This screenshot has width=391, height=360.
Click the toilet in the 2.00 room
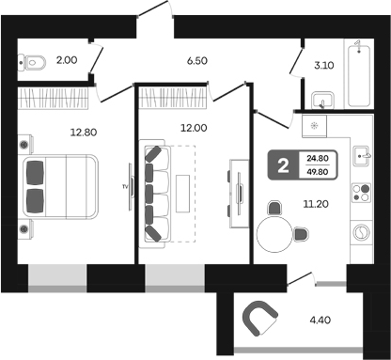pos(32,62)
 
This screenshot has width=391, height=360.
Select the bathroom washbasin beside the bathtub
pos(322,101)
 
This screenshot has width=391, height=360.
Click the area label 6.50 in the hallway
pos(197,60)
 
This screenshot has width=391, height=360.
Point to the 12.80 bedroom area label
pos(84,133)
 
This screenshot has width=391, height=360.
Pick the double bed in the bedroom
pos(60,186)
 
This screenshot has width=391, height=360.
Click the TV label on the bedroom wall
pos(125,187)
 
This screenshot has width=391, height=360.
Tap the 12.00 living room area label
pos(194,128)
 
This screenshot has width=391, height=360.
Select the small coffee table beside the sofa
pos(182,194)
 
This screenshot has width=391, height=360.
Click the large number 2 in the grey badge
pos(283,165)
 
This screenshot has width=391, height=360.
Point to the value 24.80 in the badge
pos(318,158)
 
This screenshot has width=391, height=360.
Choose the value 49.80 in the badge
pos(318,172)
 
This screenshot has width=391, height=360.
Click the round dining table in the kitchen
pos(274,235)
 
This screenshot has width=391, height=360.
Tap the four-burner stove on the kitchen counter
pos(361,193)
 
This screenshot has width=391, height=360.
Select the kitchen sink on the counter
pos(363,155)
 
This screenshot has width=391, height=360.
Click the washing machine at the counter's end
pos(362,232)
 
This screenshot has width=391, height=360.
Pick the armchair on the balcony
pos(259,318)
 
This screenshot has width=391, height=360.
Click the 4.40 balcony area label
pos(321,321)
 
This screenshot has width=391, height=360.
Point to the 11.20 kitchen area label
pos(316,204)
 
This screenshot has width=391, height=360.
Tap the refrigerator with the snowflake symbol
pos(314,126)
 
